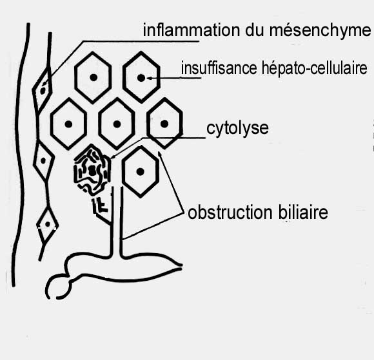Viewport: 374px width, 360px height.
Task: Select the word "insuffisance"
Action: pyautogui.click(x=219, y=68)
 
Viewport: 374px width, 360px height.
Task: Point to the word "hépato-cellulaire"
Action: pyautogui.click(x=314, y=68)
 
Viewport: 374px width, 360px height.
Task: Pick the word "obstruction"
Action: pyautogui.click(x=230, y=213)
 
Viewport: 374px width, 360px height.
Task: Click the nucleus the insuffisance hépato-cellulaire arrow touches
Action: pyautogui.click(x=141, y=78)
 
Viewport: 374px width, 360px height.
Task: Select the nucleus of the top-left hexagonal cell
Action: pyautogui.click(x=93, y=77)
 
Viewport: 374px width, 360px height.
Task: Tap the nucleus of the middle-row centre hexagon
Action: pyautogui.click(x=117, y=124)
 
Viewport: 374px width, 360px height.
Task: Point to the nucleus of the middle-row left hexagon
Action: pyautogui.click(x=68, y=124)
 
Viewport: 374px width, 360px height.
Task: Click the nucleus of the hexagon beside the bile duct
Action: pyautogui.click(x=141, y=171)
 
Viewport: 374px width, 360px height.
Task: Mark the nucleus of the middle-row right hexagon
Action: pyautogui.click(x=164, y=124)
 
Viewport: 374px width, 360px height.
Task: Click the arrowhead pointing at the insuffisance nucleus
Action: pyautogui.click(x=149, y=78)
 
